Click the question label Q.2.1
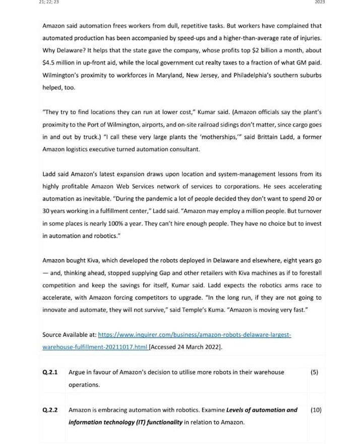click(x=50, y=372)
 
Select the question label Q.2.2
click(x=50, y=410)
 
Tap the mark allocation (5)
click(x=315, y=372)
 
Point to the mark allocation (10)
click(x=316, y=410)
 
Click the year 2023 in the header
click(x=320, y=3)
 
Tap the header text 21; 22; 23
click(x=48, y=3)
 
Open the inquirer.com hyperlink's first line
click(x=194, y=334)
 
